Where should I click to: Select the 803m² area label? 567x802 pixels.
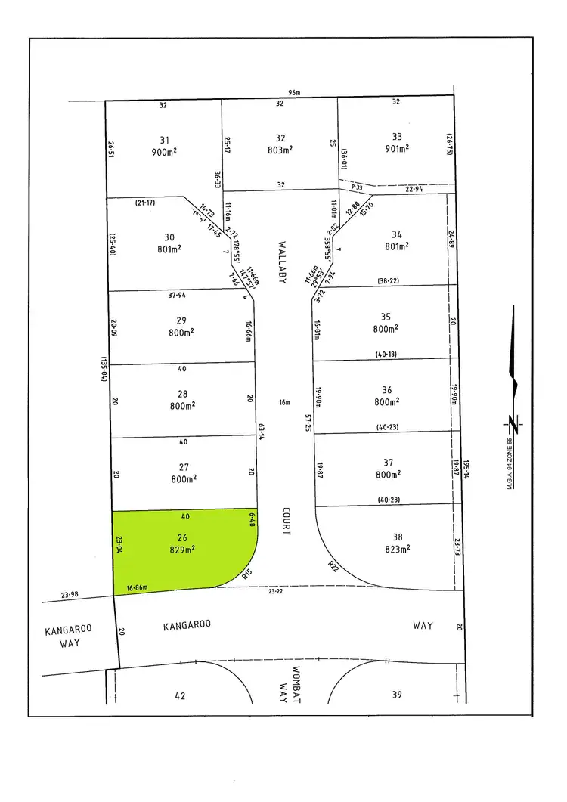click(280, 150)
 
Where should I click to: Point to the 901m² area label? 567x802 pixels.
click(397, 148)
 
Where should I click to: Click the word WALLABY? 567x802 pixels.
click(280, 262)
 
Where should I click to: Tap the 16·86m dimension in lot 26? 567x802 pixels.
click(137, 587)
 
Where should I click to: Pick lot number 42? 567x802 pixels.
click(179, 695)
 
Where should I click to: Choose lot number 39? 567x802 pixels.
click(397, 695)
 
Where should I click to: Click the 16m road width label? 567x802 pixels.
click(284, 402)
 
